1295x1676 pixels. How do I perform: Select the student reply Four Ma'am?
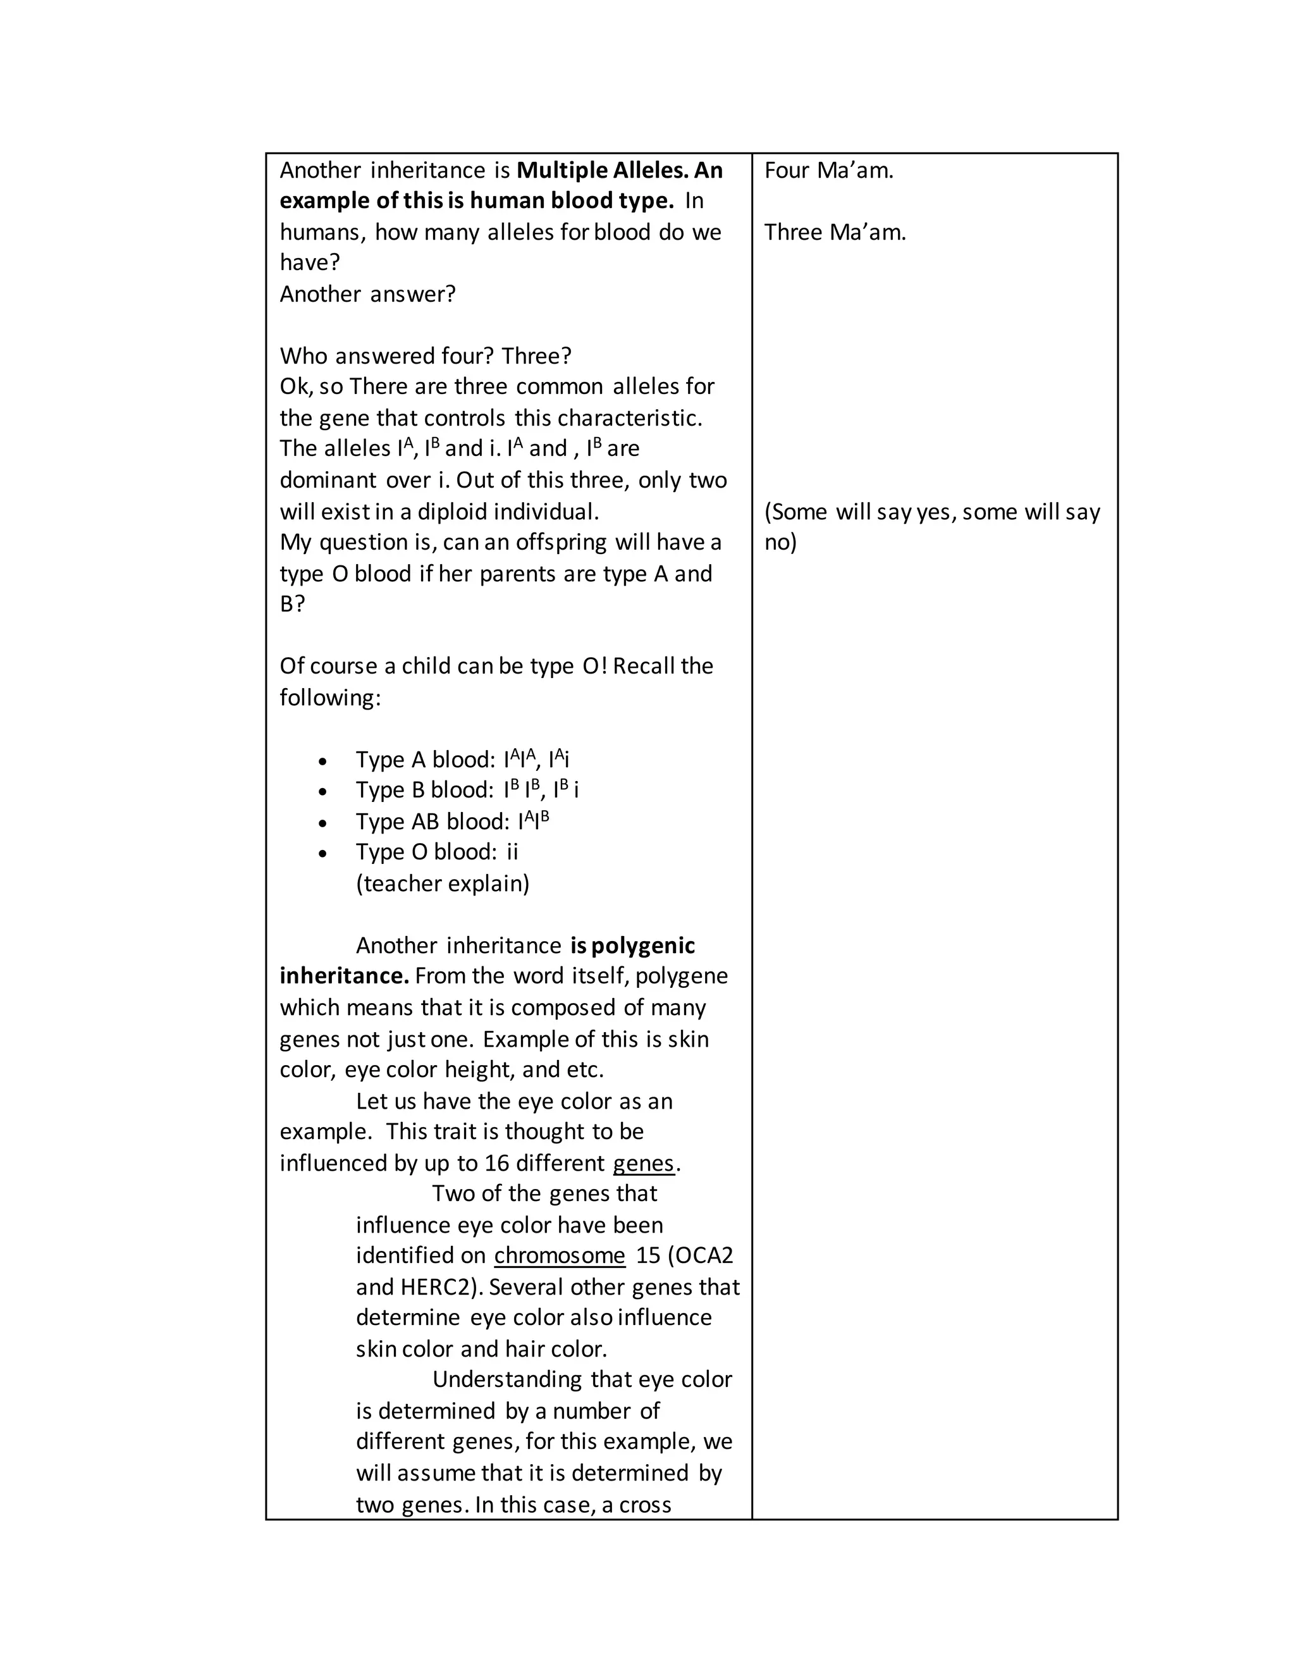point(828,169)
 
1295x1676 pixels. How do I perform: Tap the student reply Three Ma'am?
point(835,231)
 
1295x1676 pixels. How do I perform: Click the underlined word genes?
point(643,1162)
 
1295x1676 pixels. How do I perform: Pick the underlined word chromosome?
point(559,1255)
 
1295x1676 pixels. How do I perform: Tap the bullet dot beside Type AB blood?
point(323,823)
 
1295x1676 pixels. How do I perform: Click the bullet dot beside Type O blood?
point(323,854)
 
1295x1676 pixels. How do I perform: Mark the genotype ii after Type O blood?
point(512,852)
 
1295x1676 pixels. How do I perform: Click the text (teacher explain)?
point(443,884)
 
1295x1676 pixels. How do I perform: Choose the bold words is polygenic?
point(633,946)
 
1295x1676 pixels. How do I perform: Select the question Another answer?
point(367,294)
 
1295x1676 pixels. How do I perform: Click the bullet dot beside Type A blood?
point(323,762)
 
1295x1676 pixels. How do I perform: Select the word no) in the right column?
point(780,543)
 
